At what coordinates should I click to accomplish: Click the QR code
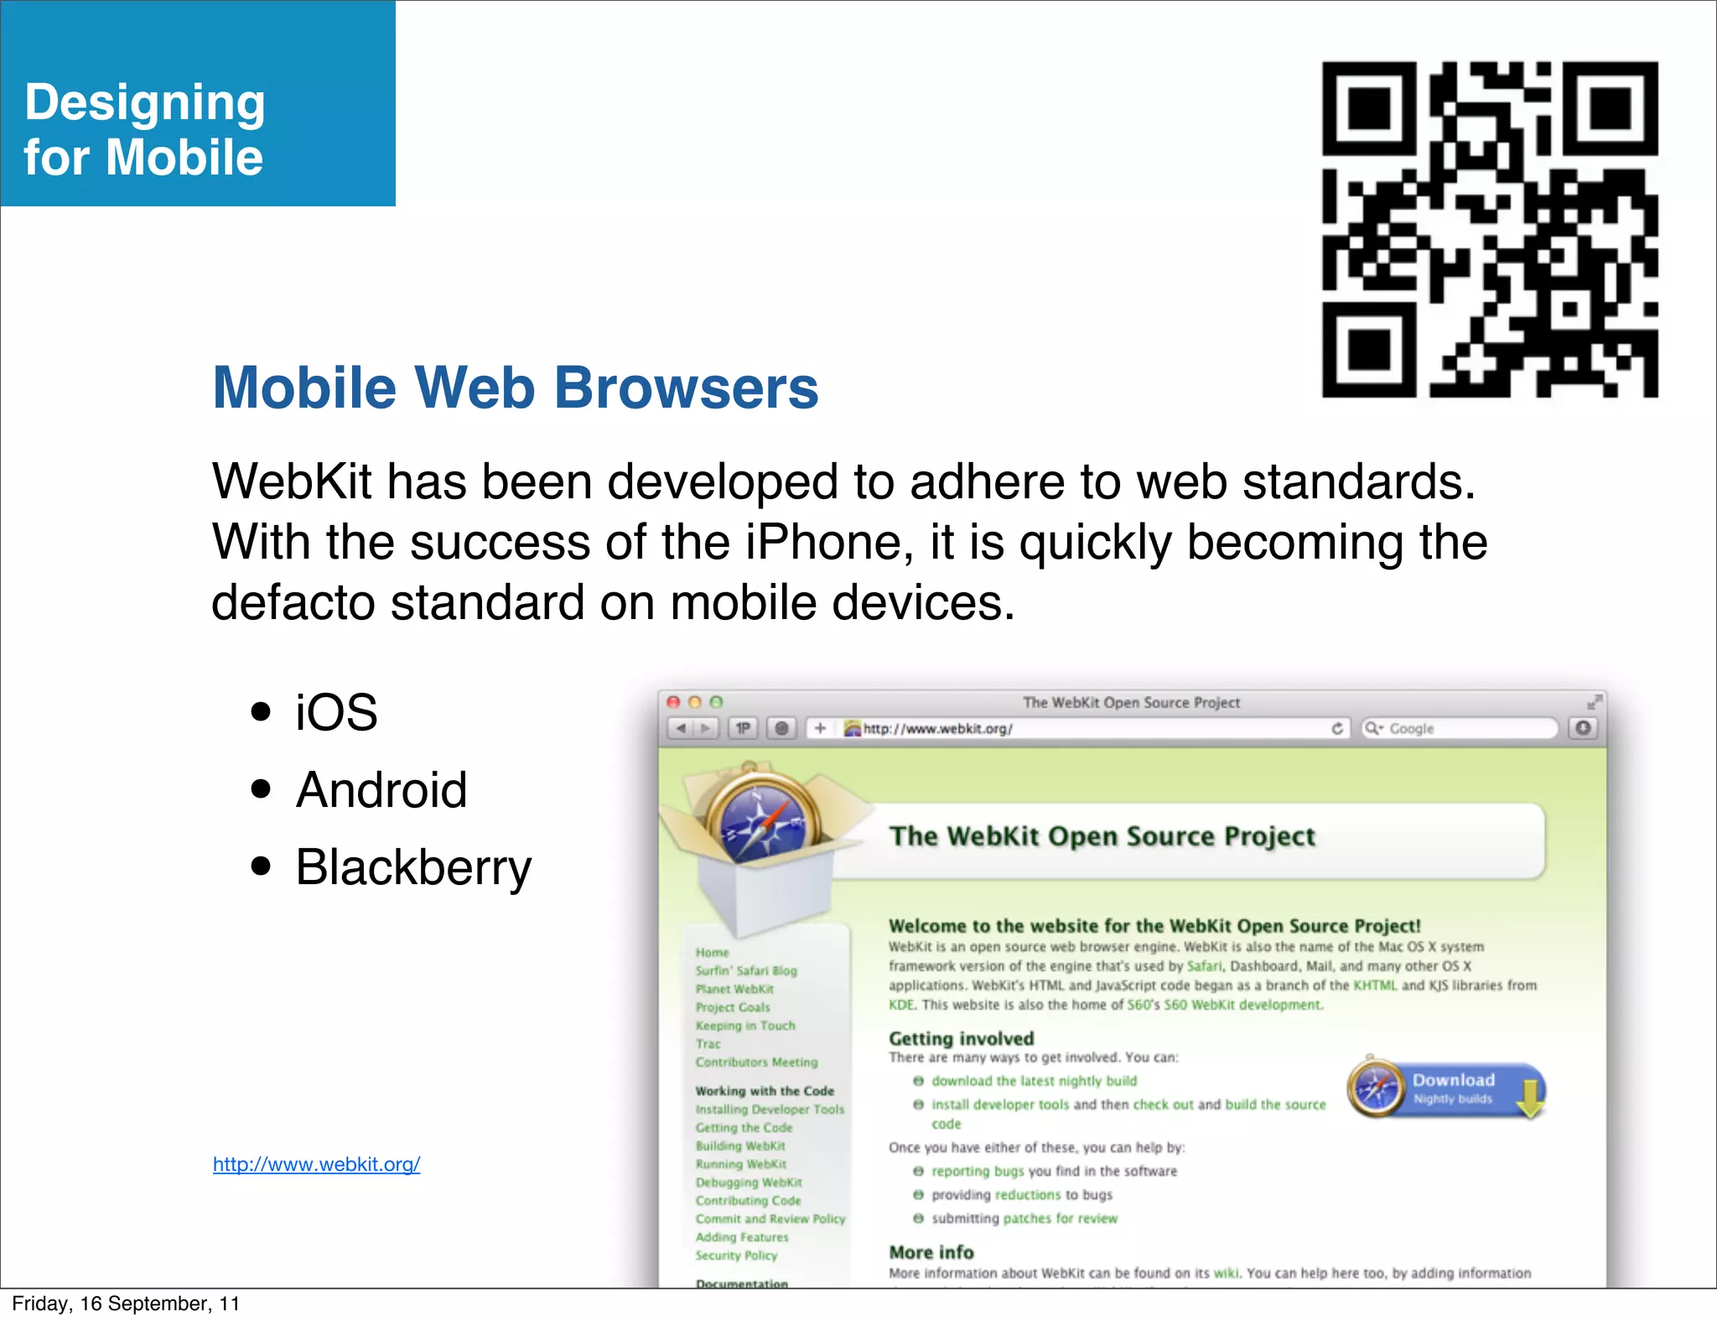pyautogui.click(x=1490, y=229)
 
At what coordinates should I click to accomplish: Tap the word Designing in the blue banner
pyautogui.click(x=145, y=103)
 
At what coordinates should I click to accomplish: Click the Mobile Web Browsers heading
pyautogui.click(x=515, y=388)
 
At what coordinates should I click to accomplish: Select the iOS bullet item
pyautogui.click(x=336, y=713)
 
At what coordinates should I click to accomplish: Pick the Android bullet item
pyautogui.click(x=381, y=790)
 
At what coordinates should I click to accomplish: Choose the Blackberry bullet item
pyautogui.click(x=413, y=867)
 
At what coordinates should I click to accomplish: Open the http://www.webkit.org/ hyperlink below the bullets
pyautogui.click(x=316, y=1164)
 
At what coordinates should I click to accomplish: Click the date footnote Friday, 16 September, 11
pyautogui.click(x=126, y=1304)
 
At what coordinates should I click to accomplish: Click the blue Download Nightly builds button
pyautogui.click(x=1448, y=1089)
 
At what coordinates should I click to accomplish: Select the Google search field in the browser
pyautogui.click(x=1459, y=728)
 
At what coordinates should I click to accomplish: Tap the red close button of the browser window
pyautogui.click(x=673, y=702)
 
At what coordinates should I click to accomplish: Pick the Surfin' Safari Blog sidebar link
pyautogui.click(x=745, y=971)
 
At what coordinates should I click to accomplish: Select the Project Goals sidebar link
pyautogui.click(x=732, y=1007)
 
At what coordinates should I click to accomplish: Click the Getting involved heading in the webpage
pyautogui.click(x=961, y=1038)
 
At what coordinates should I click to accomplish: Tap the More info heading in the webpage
pyautogui.click(x=931, y=1252)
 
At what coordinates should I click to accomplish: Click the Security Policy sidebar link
pyautogui.click(x=736, y=1256)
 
